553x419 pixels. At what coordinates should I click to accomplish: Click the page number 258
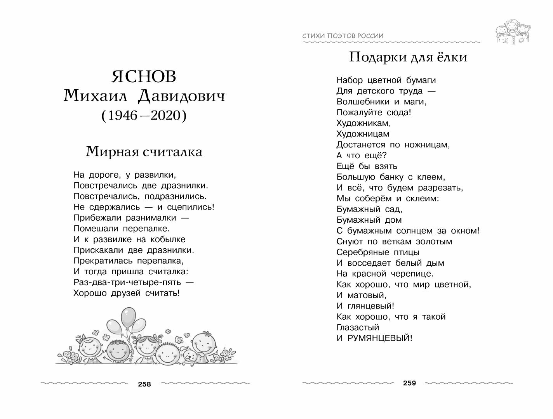144,384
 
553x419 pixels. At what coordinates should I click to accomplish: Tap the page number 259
409,383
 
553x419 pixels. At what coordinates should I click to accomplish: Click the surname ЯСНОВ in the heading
144,77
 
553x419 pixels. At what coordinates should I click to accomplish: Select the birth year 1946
122,115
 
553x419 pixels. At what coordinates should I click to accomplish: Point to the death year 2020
165,115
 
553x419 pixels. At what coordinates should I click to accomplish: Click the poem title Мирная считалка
144,151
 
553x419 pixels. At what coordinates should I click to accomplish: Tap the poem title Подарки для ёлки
408,57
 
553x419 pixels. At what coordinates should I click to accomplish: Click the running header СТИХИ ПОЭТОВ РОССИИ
343,36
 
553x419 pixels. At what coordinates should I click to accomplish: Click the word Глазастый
358,327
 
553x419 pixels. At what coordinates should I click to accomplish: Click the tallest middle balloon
127,317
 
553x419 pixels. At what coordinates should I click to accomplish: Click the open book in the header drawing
513,39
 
